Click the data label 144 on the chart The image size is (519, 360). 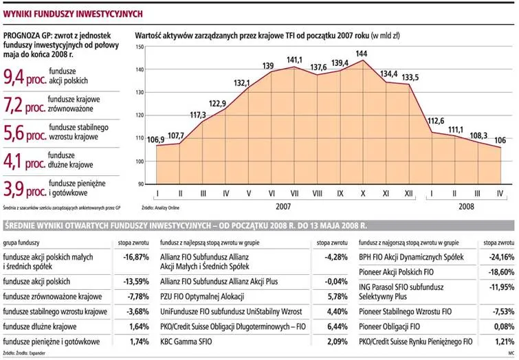[361, 54]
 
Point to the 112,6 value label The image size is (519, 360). [436, 121]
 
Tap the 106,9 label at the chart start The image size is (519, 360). [155, 140]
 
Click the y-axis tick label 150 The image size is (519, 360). [140, 47]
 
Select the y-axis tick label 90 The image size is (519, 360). [141, 184]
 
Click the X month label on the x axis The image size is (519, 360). [363, 193]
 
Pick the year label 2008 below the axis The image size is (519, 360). [466, 207]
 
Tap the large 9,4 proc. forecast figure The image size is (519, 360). [25, 77]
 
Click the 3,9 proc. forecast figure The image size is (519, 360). [25, 189]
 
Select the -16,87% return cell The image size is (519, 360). [136, 257]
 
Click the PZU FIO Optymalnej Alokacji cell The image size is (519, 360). [202, 297]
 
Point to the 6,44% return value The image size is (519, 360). [338, 326]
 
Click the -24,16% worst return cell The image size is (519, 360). [501, 257]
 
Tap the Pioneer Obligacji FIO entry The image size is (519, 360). [389, 326]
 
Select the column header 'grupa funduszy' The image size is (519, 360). [21, 243]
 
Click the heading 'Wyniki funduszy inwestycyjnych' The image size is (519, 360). [73, 14]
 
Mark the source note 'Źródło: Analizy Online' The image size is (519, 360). [161, 207]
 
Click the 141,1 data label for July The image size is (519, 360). [294, 60]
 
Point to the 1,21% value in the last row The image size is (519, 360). [505, 341]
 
